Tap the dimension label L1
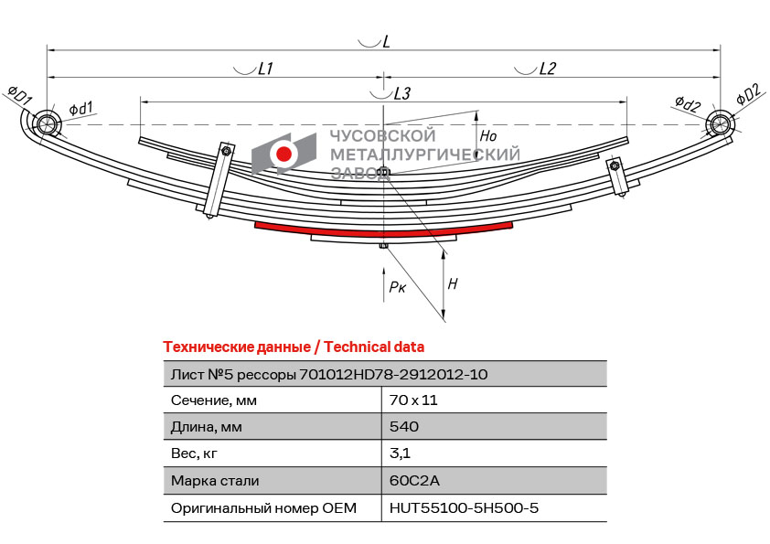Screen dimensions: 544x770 pos(265,68)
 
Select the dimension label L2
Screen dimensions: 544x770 pos(547,68)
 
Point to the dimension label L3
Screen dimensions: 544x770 pos(401,93)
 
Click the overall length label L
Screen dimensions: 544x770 pos(387,41)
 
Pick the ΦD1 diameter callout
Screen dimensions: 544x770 pos(20,94)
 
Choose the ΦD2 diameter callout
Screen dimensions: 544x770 pos(747,93)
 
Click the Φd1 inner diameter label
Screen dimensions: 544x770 pos(80,109)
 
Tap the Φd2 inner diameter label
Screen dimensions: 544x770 pos(688,104)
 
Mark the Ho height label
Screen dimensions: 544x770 pos(488,135)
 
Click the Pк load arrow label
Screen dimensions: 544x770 pos(397,287)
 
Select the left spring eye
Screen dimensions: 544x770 pos(45,123)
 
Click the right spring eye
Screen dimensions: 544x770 pos(720,123)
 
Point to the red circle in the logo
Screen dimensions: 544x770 pos(284,155)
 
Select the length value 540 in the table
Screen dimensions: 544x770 pos(404,427)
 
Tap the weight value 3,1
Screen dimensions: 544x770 pos(400,453)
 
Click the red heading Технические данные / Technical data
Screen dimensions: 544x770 pos(294,347)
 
